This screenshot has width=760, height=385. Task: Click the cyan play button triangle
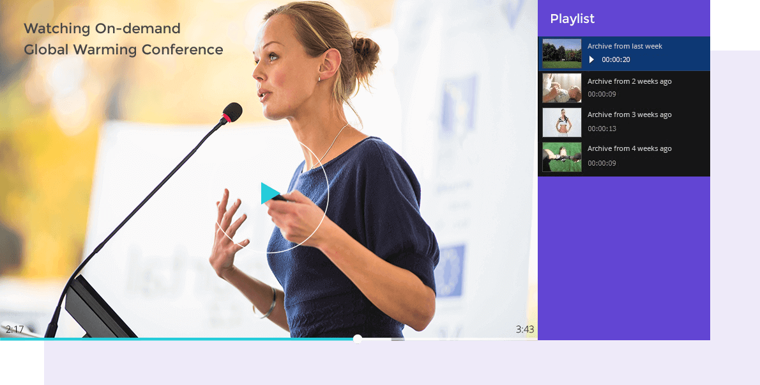click(270, 193)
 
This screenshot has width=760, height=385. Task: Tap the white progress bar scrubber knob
click(357, 339)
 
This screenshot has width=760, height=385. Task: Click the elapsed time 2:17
click(15, 329)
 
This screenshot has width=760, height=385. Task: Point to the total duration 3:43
click(525, 329)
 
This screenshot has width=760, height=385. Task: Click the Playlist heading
click(572, 19)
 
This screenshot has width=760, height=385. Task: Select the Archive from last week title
click(625, 46)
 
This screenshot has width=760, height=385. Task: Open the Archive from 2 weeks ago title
click(630, 81)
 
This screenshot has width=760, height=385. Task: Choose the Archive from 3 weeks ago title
click(630, 114)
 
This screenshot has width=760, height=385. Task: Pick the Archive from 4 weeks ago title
click(630, 148)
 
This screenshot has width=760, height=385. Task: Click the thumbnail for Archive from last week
click(562, 54)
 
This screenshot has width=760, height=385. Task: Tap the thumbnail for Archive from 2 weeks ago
click(562, 88)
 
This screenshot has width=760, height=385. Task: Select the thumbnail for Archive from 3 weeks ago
click(562, 122)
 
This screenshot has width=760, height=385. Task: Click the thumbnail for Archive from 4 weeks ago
click(562, 157)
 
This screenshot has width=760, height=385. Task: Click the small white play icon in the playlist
click(591, 59)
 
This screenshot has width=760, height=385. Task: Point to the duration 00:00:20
click(616, 59)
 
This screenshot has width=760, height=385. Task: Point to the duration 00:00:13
click(602, 129)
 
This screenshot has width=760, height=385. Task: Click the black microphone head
click(232, 112)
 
